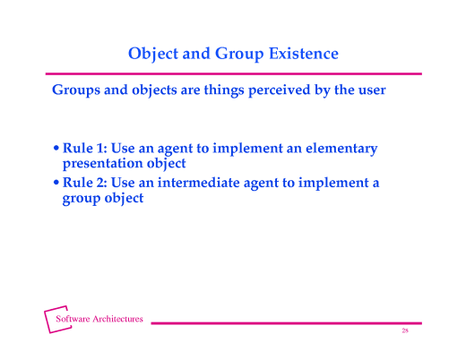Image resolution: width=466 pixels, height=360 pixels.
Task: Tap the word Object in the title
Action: click(x=153, y=54)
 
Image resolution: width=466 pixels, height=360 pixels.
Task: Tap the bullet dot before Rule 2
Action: click(x=56, y=184)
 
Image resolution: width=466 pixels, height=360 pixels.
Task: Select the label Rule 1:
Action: click(x=84, y=149)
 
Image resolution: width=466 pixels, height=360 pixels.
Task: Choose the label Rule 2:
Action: click(x=84, y=184)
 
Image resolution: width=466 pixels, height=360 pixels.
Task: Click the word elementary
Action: click(x=341, y=149)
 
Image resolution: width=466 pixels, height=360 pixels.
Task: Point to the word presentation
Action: click(x=99, y=164)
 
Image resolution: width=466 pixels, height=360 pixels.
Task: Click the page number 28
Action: click(x=405, y=331)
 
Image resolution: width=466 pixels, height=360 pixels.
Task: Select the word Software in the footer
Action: click(x=73, y=319)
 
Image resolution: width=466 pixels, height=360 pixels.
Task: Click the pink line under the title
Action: click(x=233, y=73)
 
